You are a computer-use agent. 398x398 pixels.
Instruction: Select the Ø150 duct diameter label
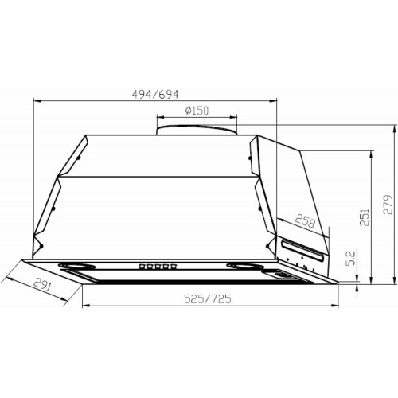click(x=196, y=111)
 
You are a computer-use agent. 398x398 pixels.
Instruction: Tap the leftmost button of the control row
click(x=143, y=267)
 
